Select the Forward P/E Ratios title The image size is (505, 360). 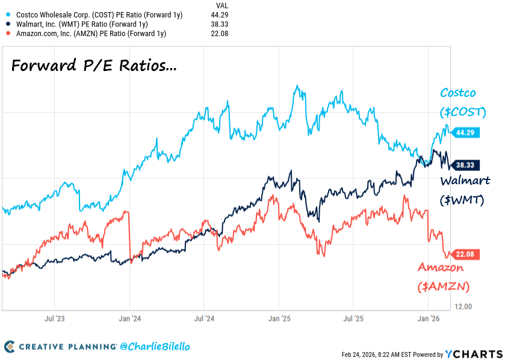click(x=94, y=66)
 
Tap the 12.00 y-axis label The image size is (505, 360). click(x=463, y=306)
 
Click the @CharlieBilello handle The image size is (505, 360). click(x=155, y=347)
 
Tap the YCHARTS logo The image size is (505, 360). click(x=473, y=354)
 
